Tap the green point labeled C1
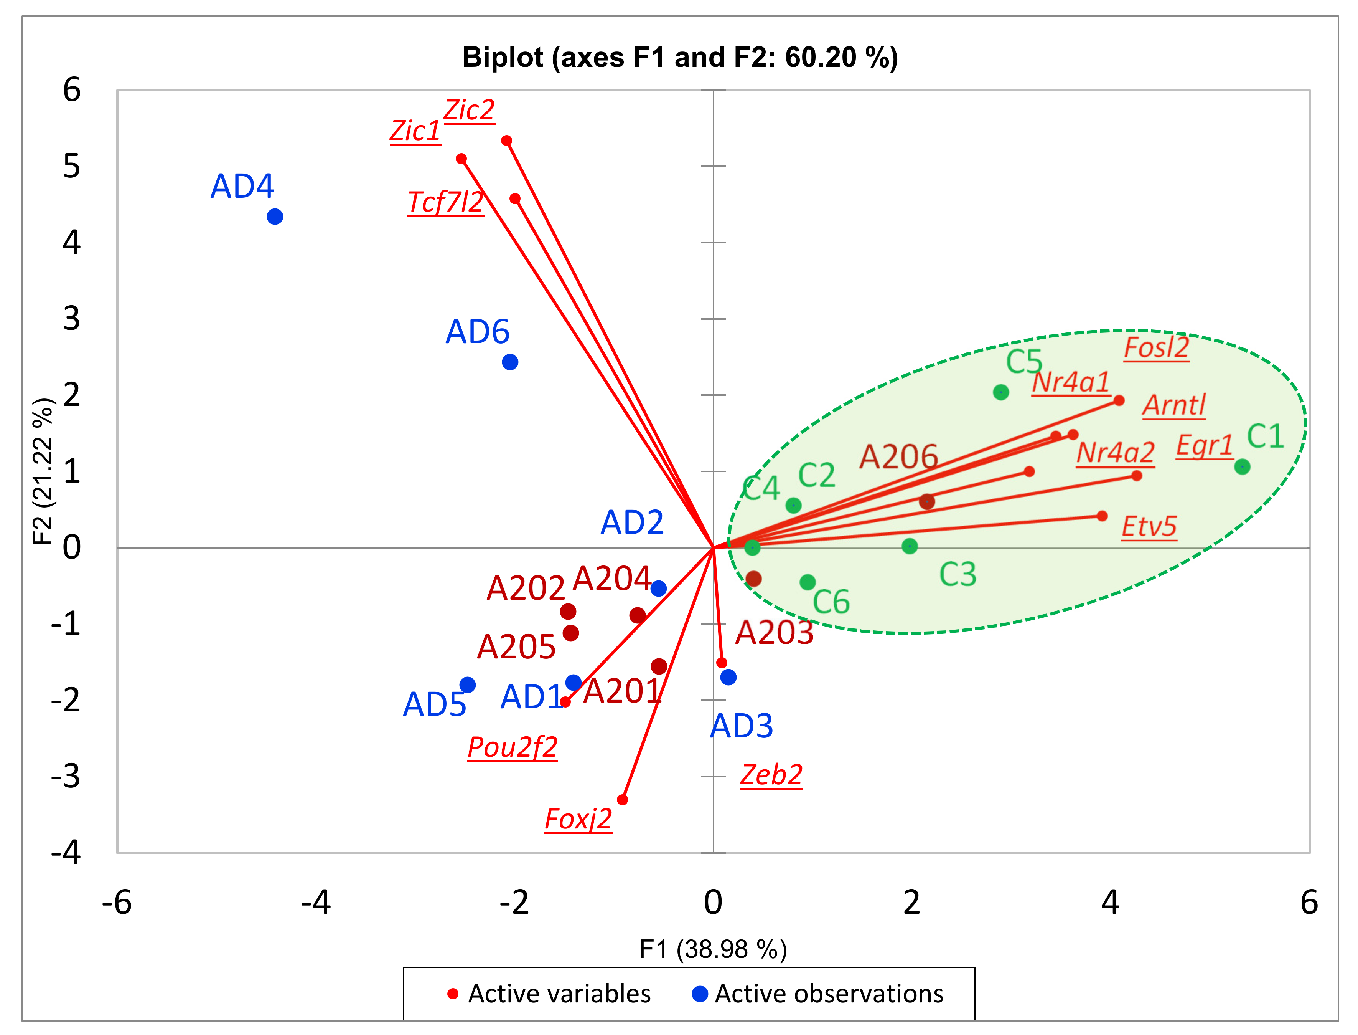point(1242,466)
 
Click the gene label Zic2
point(469,110)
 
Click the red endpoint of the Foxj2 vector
point(622,800)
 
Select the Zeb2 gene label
point(771,775)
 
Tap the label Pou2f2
point(512,747)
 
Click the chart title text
point(680,57)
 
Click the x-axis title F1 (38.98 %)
point(713,949)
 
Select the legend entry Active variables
point(559,994)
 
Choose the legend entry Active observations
point(829,994)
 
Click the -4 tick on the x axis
point(316,903)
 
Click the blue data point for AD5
point(467,684)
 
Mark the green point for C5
point(1000,392)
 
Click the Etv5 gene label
point(1149,527)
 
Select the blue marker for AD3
point(728,677)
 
